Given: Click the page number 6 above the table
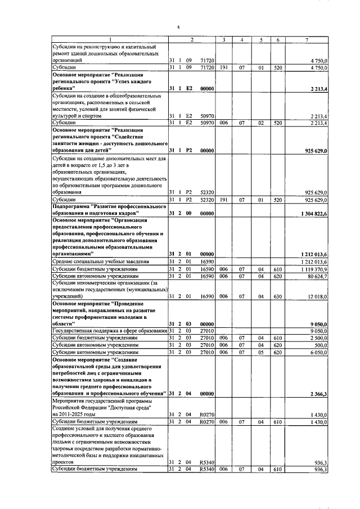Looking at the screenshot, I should (x=178, y=27).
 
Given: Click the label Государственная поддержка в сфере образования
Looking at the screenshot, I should (x=109, y=330).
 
